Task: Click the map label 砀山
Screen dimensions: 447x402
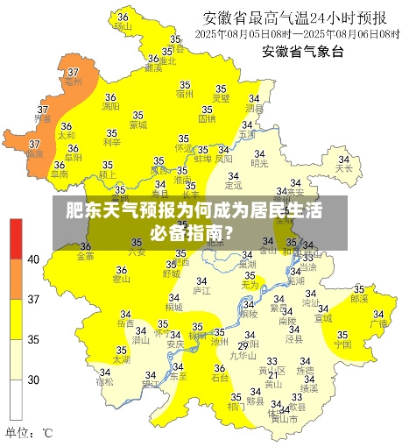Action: point(122,26)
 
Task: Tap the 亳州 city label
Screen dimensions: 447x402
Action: point(73,82)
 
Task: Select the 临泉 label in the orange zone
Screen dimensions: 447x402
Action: point(34,153)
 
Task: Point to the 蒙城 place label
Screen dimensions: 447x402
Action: point(138,124)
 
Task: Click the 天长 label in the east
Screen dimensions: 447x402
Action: point(344,167)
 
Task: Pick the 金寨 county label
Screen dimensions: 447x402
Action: point(85,257)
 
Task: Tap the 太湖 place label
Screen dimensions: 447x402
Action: point(121,359)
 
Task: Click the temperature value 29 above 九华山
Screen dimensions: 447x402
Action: point(243,346)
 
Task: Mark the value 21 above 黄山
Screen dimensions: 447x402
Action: point(272,374)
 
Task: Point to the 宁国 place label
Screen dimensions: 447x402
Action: point(342,344)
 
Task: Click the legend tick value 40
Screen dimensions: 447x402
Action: point(34,259)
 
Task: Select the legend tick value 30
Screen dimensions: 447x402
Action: point(34,380)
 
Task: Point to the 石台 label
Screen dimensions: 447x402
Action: point(221,378)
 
